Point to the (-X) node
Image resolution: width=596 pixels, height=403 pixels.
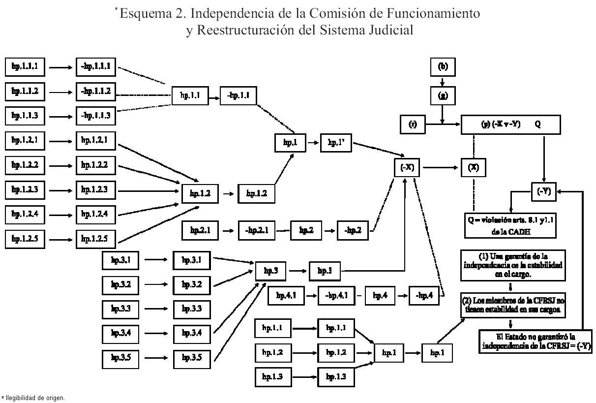407,168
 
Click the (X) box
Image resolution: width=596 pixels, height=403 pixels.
473,168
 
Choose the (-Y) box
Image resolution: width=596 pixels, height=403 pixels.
543,192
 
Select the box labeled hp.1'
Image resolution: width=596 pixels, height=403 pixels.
336,143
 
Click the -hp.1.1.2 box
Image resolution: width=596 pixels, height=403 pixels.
95,92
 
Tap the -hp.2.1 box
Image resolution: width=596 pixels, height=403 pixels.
257,230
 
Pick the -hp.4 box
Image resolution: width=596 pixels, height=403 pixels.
424,296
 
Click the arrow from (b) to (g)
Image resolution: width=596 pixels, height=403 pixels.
443,81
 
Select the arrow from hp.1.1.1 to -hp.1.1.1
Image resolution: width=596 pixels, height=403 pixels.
60,67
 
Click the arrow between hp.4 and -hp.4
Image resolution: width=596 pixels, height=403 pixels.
403,296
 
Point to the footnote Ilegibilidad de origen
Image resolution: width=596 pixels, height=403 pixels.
34,398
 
